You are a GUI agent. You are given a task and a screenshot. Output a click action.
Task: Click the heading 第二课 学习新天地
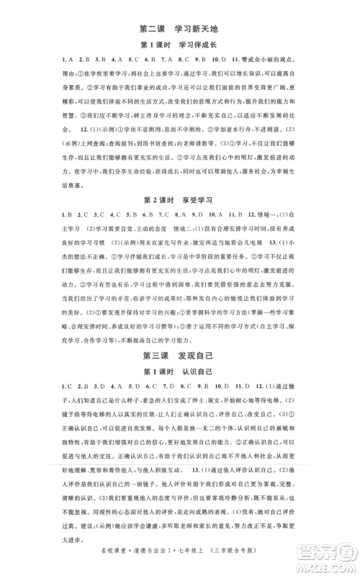point(180,29)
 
